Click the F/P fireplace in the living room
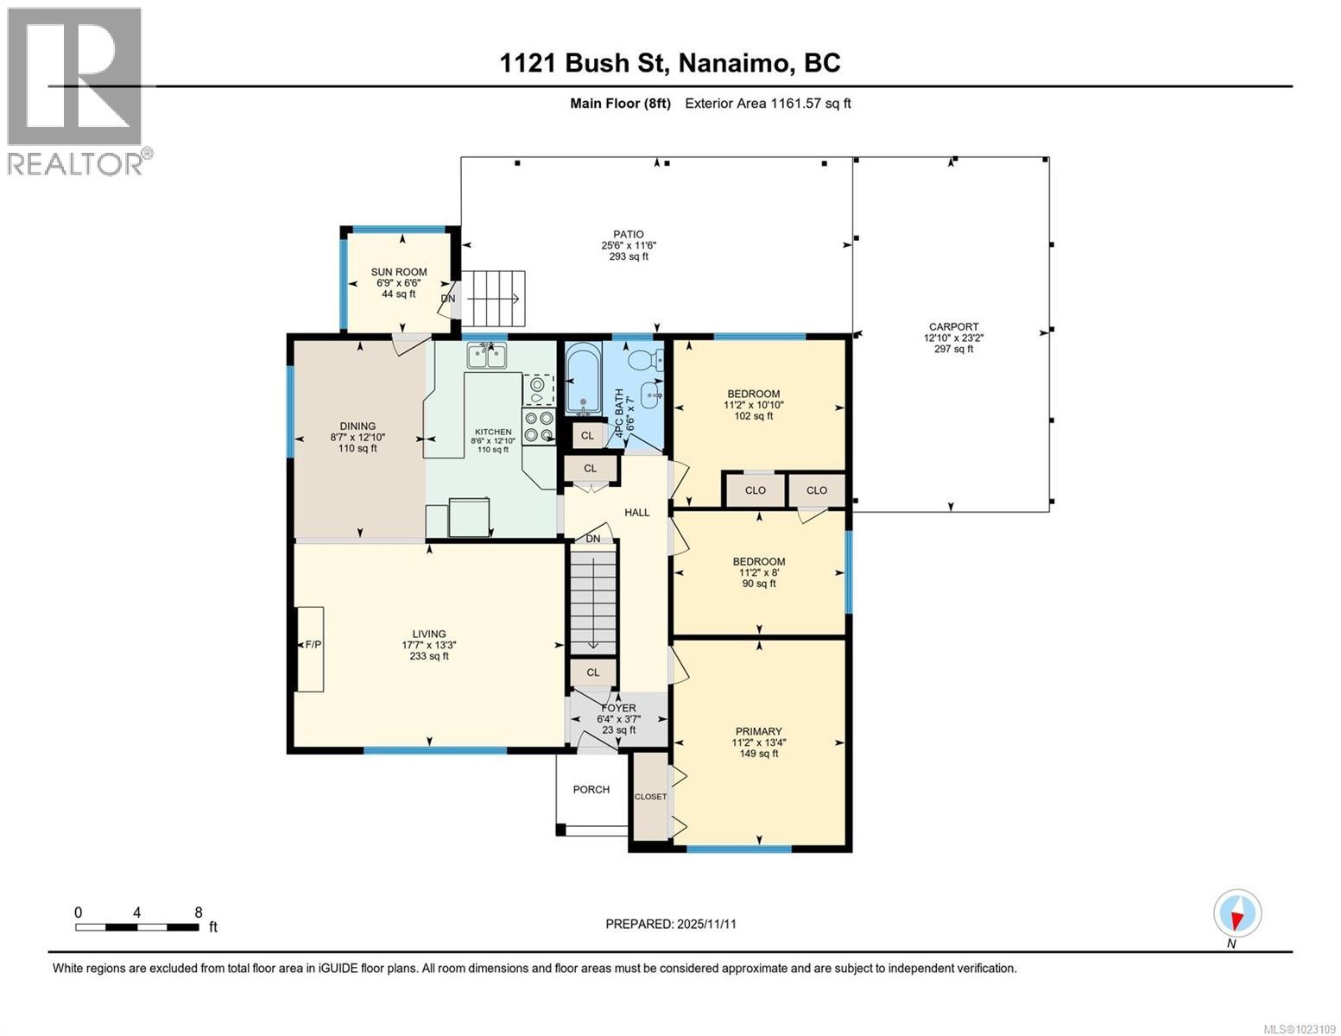pyautogui.click(x=310, y=650)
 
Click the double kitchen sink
pyautogui.click(x=486, y=356)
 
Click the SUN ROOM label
pyautogui.click(x=399, y=272)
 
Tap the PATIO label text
pyautogui.click(x=629, y=235)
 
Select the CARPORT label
pyautogui.click(x=953, y=327)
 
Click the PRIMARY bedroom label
pyautogui.click(x=758, y=731)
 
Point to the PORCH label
pyautogui.click(x=591, y=789)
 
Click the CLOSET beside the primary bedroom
pyautogui.click(x=650, y=797)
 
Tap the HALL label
pyautogui.click(x=637, y=512)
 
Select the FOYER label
pyautogui.click(x=618, y=708)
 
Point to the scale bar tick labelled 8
pyautogui.click(x=199, y=913)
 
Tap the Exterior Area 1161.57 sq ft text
pyautogui.click(x=768, y=103)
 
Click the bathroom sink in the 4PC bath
pyautogui.click(x=652, y=395)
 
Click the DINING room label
pyautogui.click(x=357, y=426)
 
